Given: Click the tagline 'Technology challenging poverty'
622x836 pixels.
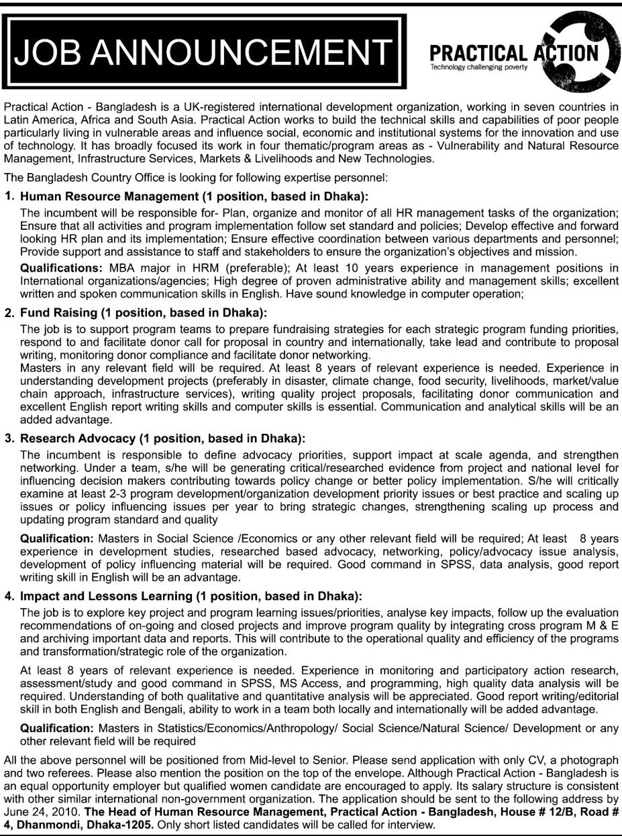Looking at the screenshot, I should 480,68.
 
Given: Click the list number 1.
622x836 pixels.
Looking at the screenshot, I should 9,197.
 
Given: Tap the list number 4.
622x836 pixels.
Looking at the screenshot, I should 9,595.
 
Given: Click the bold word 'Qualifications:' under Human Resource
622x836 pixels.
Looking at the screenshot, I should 58,268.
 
